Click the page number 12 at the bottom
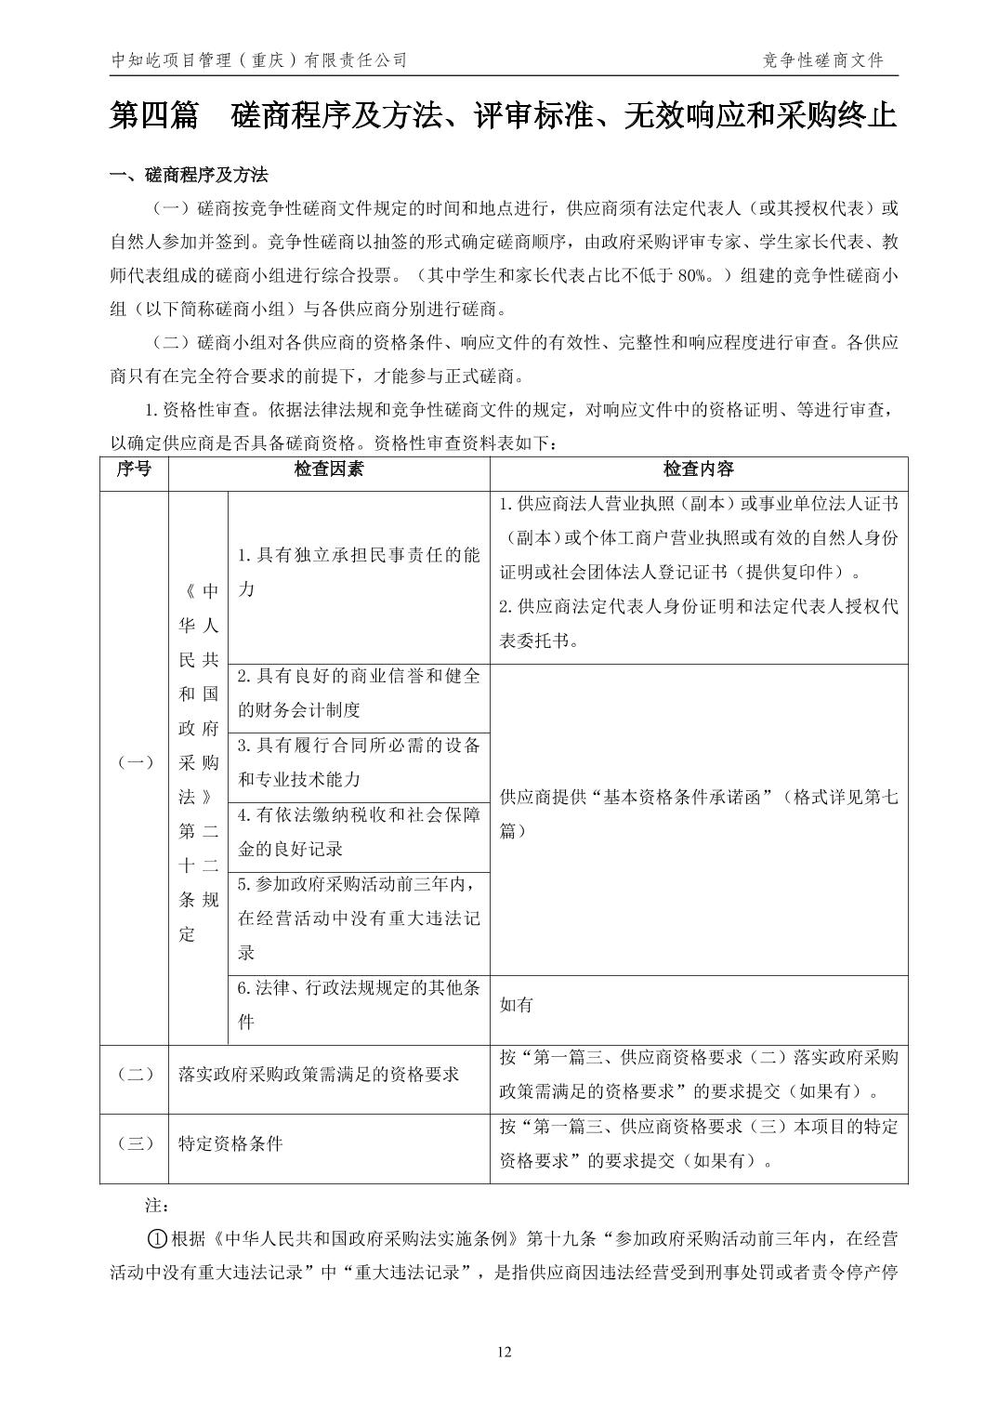coord(505,1353)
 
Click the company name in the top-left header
coord(259,60)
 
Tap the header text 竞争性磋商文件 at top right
coord(821,60)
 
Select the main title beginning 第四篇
coord(503,116)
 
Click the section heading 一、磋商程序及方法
coord(189,175)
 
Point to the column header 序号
coord(134,469)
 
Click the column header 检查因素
coord(329,469)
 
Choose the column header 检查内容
coord(698,469)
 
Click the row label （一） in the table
coord(134,762)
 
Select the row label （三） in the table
coord(134,1144)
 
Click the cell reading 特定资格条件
coord(230,1144)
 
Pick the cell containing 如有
coord(517,1005)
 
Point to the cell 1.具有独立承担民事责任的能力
coord(359,572)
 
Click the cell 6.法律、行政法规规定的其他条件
coord(359,1005)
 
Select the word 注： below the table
coord(156,1206)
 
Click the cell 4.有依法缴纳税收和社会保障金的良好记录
coord(359,831)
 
